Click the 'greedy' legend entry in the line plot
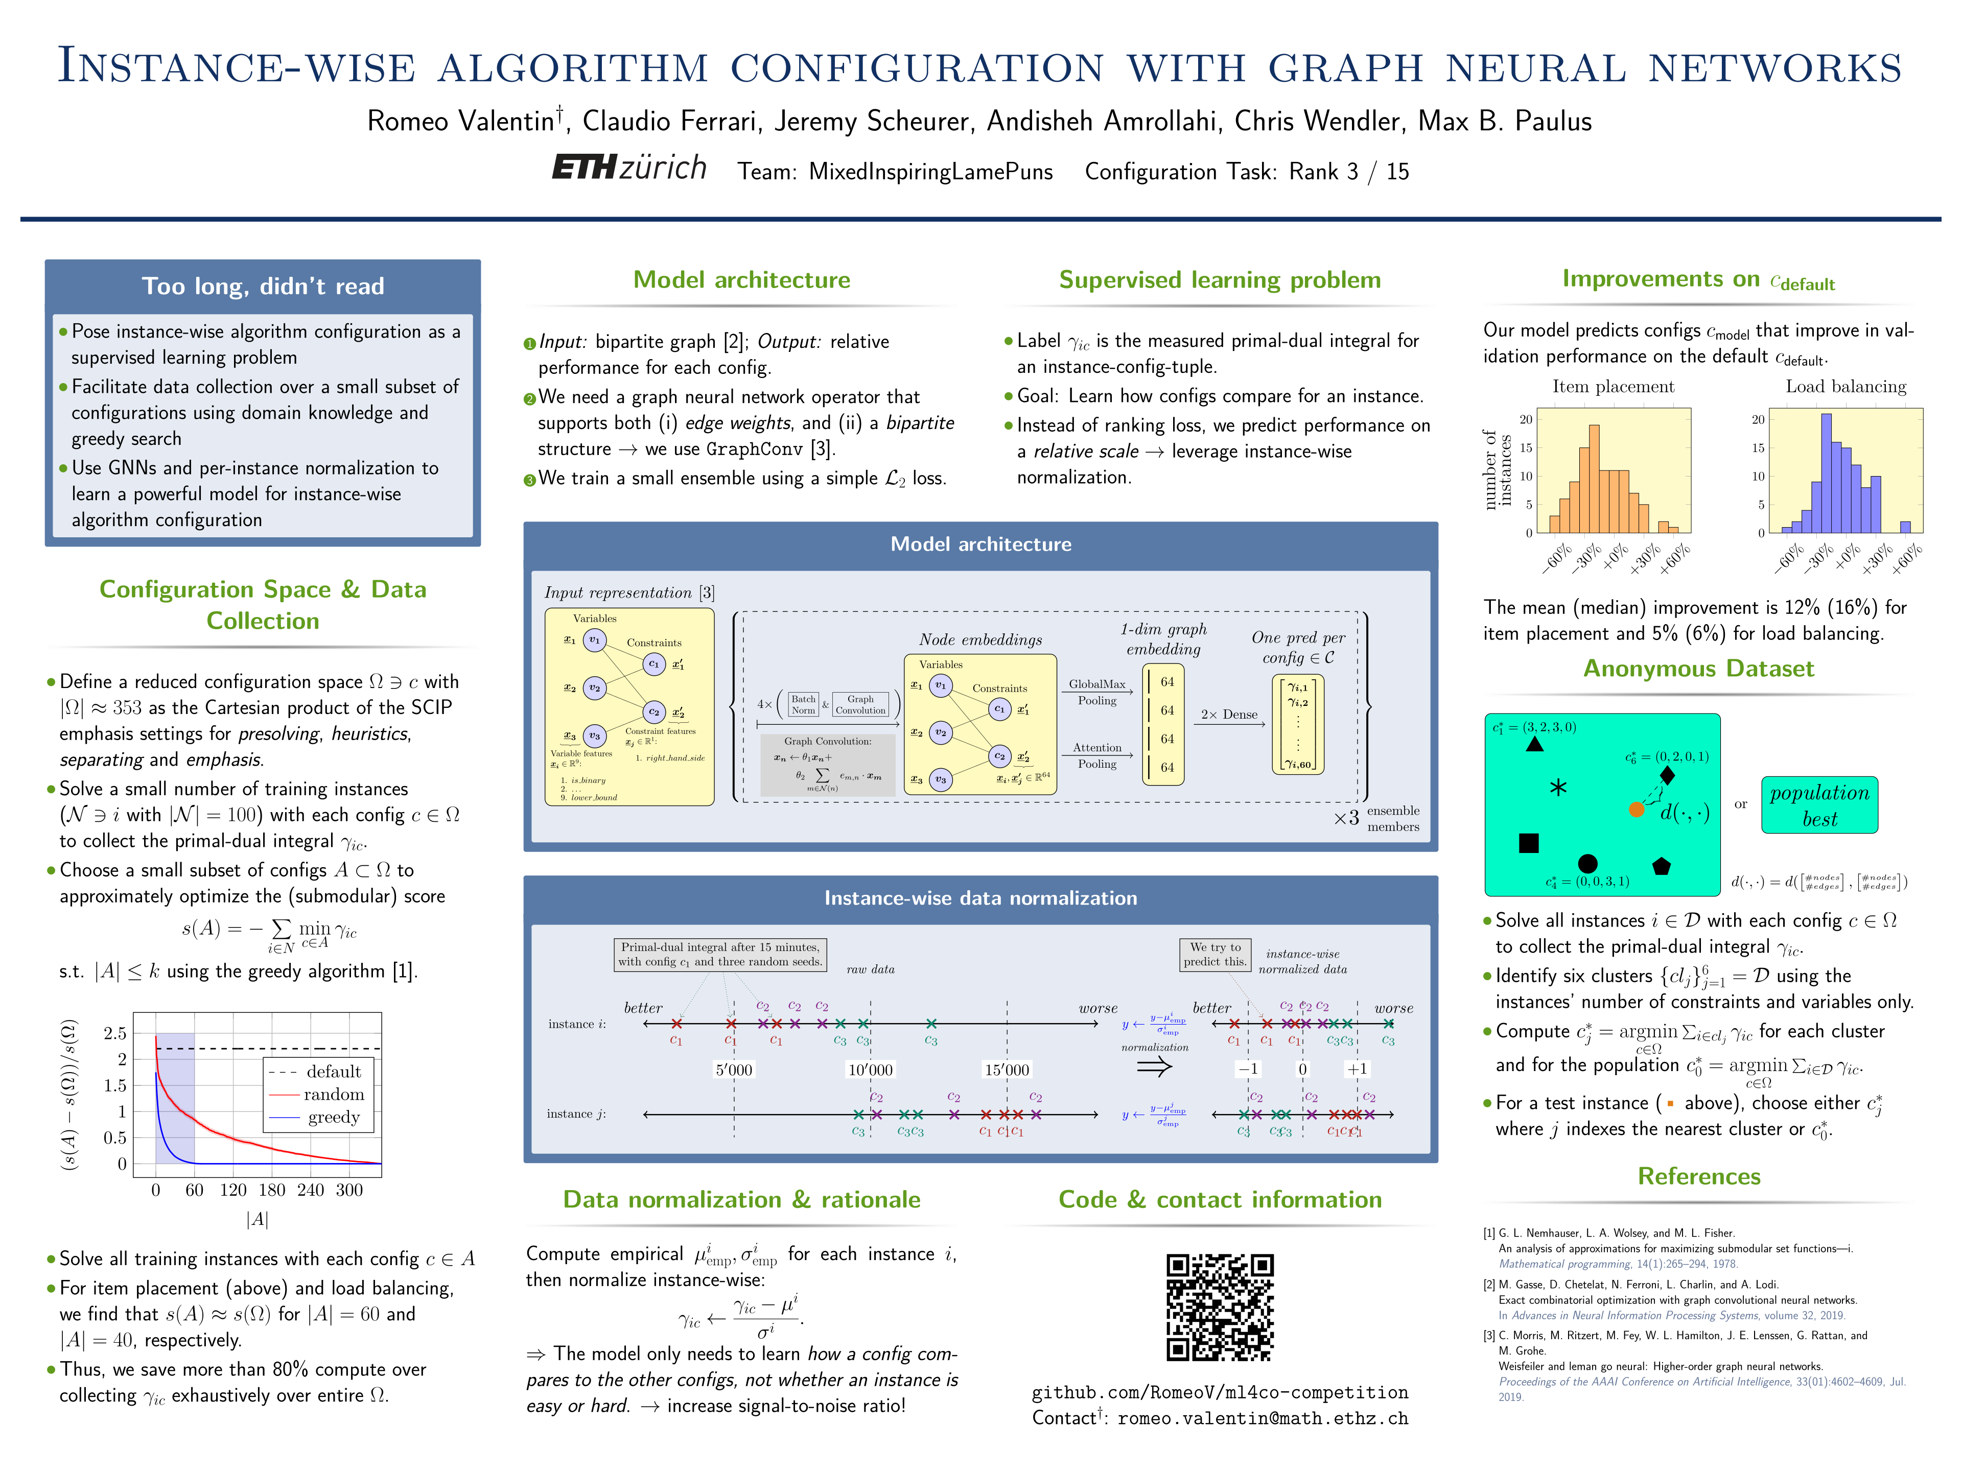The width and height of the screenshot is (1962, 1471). tap(334, 1117)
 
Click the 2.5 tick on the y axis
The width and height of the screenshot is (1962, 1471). tap(115, 1033)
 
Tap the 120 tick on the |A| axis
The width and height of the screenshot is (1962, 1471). tap(233, 1190)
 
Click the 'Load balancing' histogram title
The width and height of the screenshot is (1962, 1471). tap(1846, 387)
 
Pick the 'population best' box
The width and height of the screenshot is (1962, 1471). tap(1819, 805)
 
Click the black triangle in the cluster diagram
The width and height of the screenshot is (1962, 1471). tap(1534, 744)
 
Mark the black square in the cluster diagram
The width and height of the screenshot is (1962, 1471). tap(1528, 842)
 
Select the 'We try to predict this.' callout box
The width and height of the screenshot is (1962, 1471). tap(1214, 954)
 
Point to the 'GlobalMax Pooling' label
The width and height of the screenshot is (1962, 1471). tap(1096, 692)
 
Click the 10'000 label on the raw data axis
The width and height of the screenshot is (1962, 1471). tap(870, 1070)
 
